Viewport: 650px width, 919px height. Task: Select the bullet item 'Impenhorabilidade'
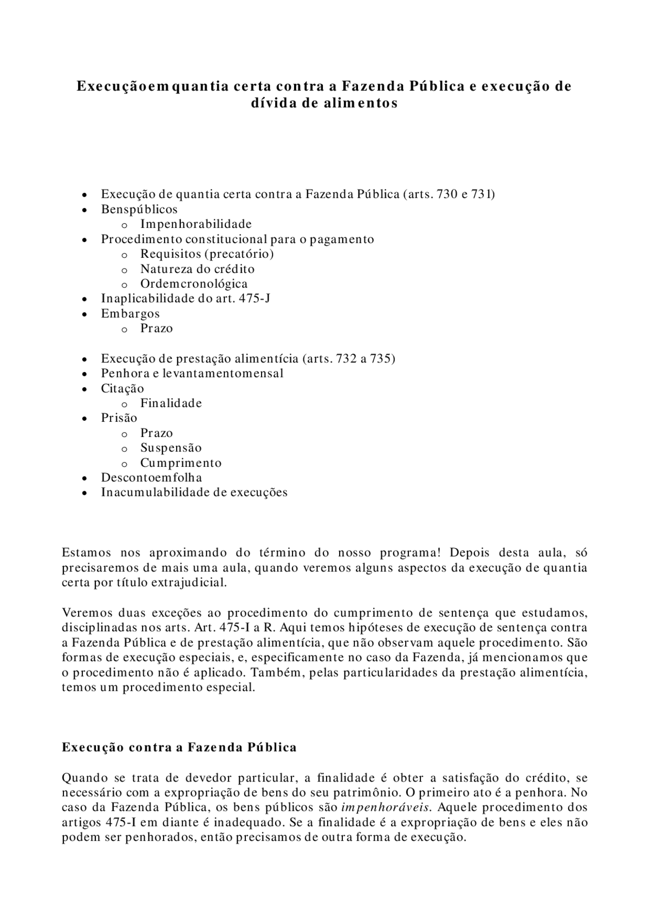(196, 224)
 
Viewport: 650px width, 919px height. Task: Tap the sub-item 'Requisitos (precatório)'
(207, 254)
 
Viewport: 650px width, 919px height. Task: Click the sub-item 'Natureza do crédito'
(198, 269)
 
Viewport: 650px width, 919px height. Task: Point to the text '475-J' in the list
(254, 298)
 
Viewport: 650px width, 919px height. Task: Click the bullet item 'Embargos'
(130, 314)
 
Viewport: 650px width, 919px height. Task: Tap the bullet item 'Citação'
(122, 389)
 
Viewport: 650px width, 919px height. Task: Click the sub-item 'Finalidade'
(171, 403)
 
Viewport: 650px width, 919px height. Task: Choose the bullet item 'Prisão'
(119, 418)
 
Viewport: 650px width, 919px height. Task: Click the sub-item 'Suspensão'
(171, 448)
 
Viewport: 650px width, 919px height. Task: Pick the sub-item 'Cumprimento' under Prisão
(181, 463)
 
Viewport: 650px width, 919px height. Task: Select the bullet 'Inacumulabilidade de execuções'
(194, 492)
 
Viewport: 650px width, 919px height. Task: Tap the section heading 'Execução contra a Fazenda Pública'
(179, 747)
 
